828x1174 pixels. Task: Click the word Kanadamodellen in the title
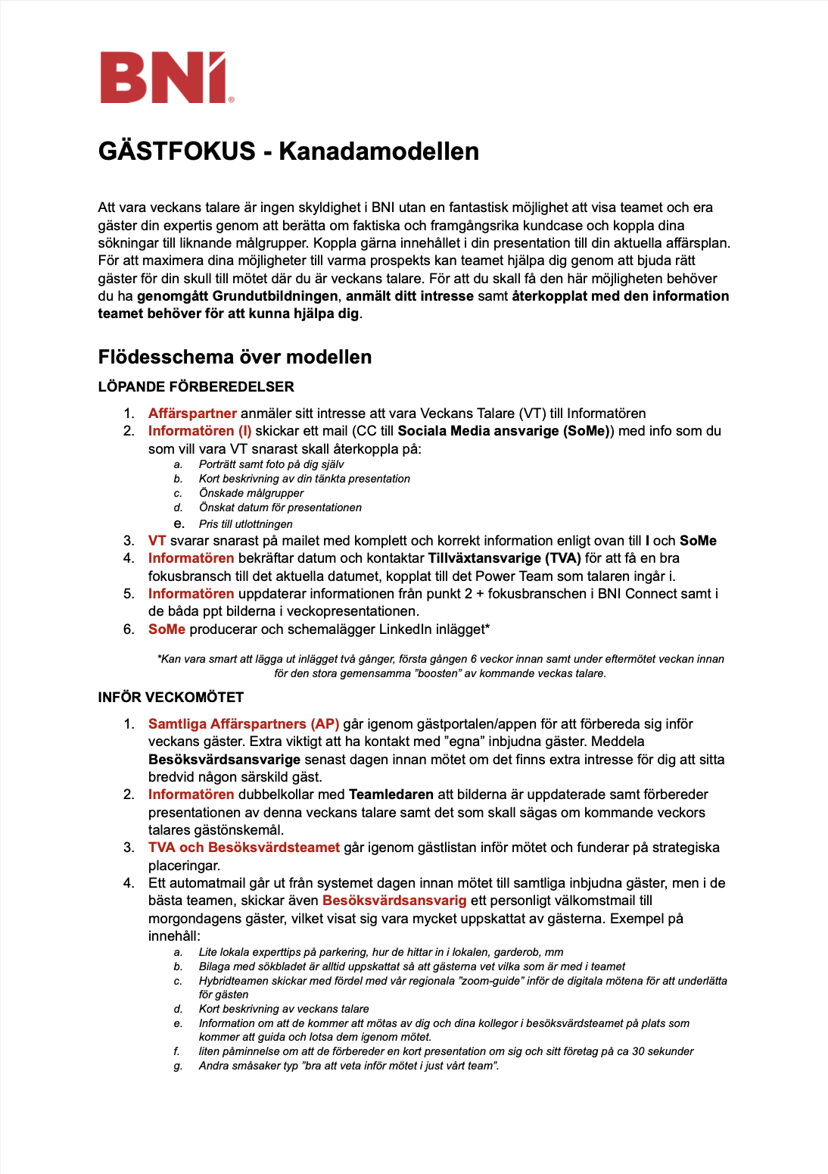tap(378, 151)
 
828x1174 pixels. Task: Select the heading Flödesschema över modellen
tap(235, 358)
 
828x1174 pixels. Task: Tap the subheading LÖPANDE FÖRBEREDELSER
tap(196, 387)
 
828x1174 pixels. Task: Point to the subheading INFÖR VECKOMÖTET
tap(170, 698)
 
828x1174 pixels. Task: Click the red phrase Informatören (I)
tap(200, 431)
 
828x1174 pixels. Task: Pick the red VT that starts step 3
tap(157, 541)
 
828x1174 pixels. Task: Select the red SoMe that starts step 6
tap(167, 629)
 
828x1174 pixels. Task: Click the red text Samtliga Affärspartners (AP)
tap(244, 724)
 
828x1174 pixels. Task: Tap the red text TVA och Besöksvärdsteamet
tap(244, 848)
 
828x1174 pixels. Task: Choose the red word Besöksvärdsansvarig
tap(394, 901)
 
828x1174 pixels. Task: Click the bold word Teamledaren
tap(391, 795)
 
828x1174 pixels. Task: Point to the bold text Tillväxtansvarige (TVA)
tap(505, 558)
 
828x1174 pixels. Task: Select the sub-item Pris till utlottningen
tap(245, 524)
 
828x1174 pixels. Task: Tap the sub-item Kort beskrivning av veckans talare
tap(284, 1009)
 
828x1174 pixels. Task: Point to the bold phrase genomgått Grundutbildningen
tap(237, 296)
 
